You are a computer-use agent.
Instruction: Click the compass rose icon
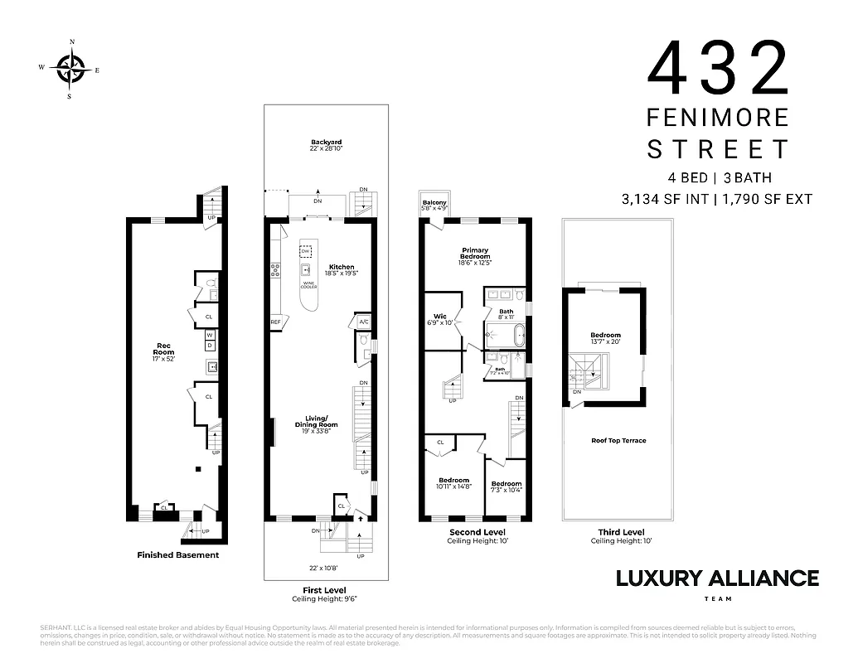pos(70,68)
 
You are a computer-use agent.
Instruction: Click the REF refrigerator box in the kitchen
pos(275,322)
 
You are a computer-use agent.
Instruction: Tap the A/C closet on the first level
pos(363,322)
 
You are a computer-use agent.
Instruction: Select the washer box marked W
pos(210,334)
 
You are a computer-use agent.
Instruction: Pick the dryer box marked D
pos(210,345)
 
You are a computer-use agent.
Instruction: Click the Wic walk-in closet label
pos(440,319)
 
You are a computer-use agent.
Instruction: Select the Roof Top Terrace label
pos(618,441)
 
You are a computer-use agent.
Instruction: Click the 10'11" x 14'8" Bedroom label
pos(453,483)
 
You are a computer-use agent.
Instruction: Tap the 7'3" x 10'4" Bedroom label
pos(506,486)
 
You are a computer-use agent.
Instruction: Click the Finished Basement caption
pos(177,555)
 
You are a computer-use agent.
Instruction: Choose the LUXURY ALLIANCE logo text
pos(717,578)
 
